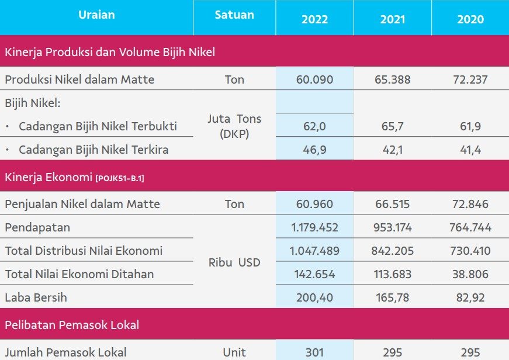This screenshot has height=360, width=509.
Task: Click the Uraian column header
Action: (96, 15)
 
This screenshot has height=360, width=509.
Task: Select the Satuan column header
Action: (234, 15)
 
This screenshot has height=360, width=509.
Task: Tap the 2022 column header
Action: (314, 19)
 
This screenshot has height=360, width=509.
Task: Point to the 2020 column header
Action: (470, 19)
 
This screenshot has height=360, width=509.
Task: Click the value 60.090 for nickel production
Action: (314, 79)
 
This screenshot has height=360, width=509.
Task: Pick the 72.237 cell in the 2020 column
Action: (470, 79)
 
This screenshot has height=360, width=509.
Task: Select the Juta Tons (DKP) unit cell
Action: (234, 126)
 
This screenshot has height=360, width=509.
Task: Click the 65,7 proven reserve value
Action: (393, 126)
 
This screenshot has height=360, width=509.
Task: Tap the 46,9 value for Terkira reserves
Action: (314, 150)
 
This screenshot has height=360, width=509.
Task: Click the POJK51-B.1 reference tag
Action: (120, 178)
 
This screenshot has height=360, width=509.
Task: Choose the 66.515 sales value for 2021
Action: (393, 204)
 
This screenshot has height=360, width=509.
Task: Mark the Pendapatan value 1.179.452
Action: (314, 227)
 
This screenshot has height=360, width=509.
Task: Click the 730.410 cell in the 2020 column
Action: (470, 251)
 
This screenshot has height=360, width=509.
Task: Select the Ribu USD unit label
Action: (234, 262)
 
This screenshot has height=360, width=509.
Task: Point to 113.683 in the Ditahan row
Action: (393, 274)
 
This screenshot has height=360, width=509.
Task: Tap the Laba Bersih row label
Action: (36, 297)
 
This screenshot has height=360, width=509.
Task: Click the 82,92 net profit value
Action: (470, 297)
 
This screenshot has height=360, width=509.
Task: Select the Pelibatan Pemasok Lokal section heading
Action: (72, 325)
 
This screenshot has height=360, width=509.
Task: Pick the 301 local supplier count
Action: (314, 352)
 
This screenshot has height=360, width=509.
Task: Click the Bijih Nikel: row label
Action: (33, 103)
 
